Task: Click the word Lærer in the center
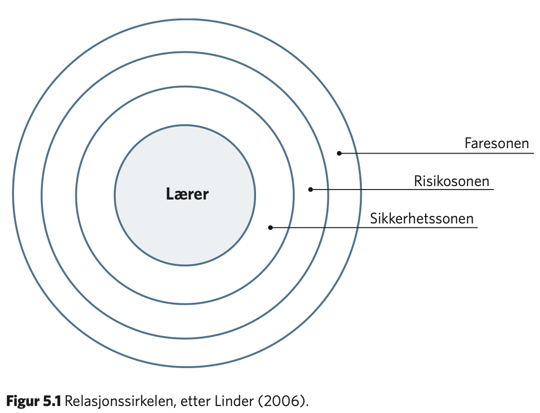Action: [x=187, y=194]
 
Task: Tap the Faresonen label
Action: [x=497, y=143]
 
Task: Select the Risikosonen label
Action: [x=452, y=181]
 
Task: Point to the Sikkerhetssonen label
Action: [x=422, y=218]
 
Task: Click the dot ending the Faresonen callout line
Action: [x=339, y=153]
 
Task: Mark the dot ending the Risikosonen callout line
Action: [x=310, y=190]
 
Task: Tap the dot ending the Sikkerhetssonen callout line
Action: [x=270, y=227]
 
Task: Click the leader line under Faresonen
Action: [x=437, y=153]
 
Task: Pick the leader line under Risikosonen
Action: [x=402, y=190]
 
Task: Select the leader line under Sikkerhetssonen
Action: [x=374, y=227]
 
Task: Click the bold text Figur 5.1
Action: [x=34, y=402]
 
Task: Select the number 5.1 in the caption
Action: [x=52, y=402]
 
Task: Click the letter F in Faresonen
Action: [x=468, y=143]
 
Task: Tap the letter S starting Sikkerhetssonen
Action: [x=374, y=218]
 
